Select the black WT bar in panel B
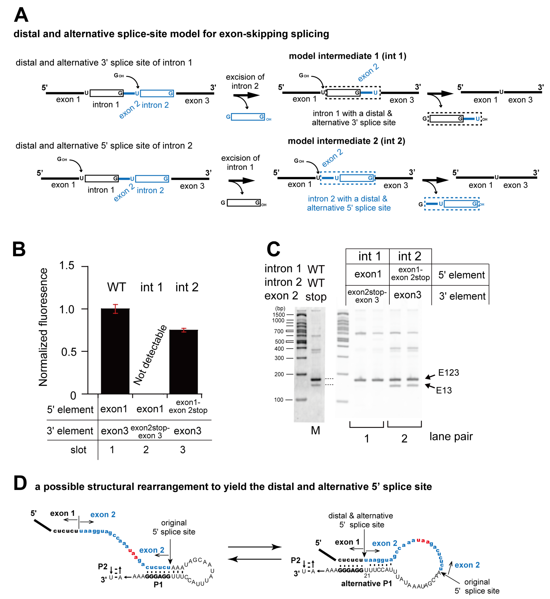pos(115,351)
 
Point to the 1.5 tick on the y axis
pos(67,265)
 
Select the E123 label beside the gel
pos(449,373)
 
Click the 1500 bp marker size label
pos(279,315)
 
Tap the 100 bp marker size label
pos(279,400)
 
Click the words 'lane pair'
pos(451,437)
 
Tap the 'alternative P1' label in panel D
pos(366,584)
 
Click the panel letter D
pos(20,483)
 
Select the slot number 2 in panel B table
pos(146,450)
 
